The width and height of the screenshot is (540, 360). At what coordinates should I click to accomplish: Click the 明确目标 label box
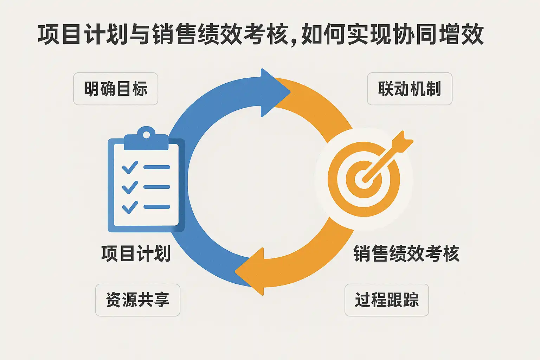[x=116, y=89]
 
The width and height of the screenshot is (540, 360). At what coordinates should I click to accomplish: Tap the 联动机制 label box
[x=410, y=89]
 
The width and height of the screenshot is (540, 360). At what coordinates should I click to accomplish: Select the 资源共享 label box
[x=138, y=300]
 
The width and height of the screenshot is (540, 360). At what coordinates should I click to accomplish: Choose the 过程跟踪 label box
[x=387, y=300]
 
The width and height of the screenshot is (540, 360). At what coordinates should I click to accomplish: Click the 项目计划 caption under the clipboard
[x=136, y=253]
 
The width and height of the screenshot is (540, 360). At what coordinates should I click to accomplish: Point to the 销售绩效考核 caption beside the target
[x=406, y=253]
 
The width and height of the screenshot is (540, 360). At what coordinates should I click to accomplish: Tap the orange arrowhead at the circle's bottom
[x=252, y=271]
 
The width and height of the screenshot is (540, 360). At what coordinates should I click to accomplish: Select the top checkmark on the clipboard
[x=130, y=167]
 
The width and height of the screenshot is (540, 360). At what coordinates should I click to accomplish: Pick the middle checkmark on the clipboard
[x=130, y=187]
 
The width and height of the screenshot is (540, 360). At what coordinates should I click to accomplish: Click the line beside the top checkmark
[x=157, y=167]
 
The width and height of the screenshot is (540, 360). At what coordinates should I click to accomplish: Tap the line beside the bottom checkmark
[x=157, y=207]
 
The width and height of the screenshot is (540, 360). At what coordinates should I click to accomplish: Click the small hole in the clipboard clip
[x=146, y=135]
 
